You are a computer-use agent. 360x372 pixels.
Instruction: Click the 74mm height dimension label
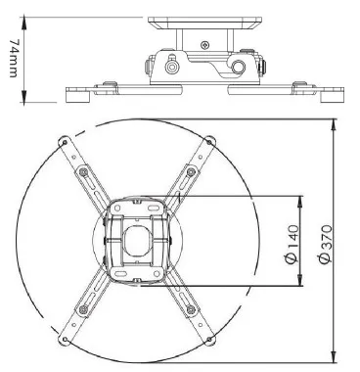pyautogui.click(x=13, y=59)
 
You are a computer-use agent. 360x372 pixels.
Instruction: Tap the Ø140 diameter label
pyautogui.click(x=292, y=244)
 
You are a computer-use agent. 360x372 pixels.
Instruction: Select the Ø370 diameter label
pyautogui.click(x=326, y=244)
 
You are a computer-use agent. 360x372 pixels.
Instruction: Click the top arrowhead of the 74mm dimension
pyautogui.click(x=23, y=22)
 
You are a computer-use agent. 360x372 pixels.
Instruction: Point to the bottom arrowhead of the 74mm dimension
pyautogui.click(x=23, y=97)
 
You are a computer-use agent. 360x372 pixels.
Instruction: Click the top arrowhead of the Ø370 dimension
pyautogui.click(x=334, y=124)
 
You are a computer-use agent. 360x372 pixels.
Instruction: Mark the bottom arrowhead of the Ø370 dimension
pyautogui.click(x=334, y=357)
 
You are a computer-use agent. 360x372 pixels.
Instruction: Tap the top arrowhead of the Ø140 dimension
pyautogui.click(x=300, y=202)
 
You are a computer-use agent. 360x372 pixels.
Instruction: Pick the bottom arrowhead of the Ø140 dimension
pyautogui.click(x=300, y=281)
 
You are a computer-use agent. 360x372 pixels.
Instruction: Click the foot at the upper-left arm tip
pyautogui.click(x=64, y=141)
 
